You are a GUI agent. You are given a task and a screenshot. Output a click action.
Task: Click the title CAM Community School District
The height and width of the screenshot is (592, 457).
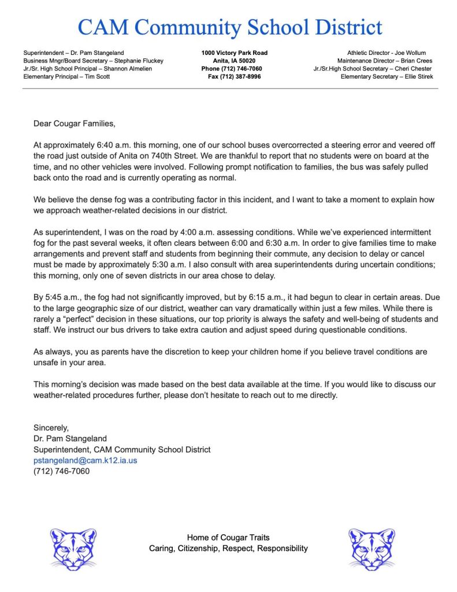229,27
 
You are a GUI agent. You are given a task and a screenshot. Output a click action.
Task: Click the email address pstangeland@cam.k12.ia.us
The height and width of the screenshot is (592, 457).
85,460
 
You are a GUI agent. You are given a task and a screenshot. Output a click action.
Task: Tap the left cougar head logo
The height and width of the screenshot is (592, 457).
73,547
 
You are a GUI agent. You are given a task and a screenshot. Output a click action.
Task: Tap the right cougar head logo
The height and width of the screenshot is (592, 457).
371,547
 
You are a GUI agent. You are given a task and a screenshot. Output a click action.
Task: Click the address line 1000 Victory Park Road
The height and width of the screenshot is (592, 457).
234,53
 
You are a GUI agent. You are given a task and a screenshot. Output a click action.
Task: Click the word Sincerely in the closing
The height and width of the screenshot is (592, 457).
51,428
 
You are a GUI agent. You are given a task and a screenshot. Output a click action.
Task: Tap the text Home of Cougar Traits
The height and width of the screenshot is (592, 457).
228,538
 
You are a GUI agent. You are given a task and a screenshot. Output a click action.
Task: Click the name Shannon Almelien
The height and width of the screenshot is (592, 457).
132,69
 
